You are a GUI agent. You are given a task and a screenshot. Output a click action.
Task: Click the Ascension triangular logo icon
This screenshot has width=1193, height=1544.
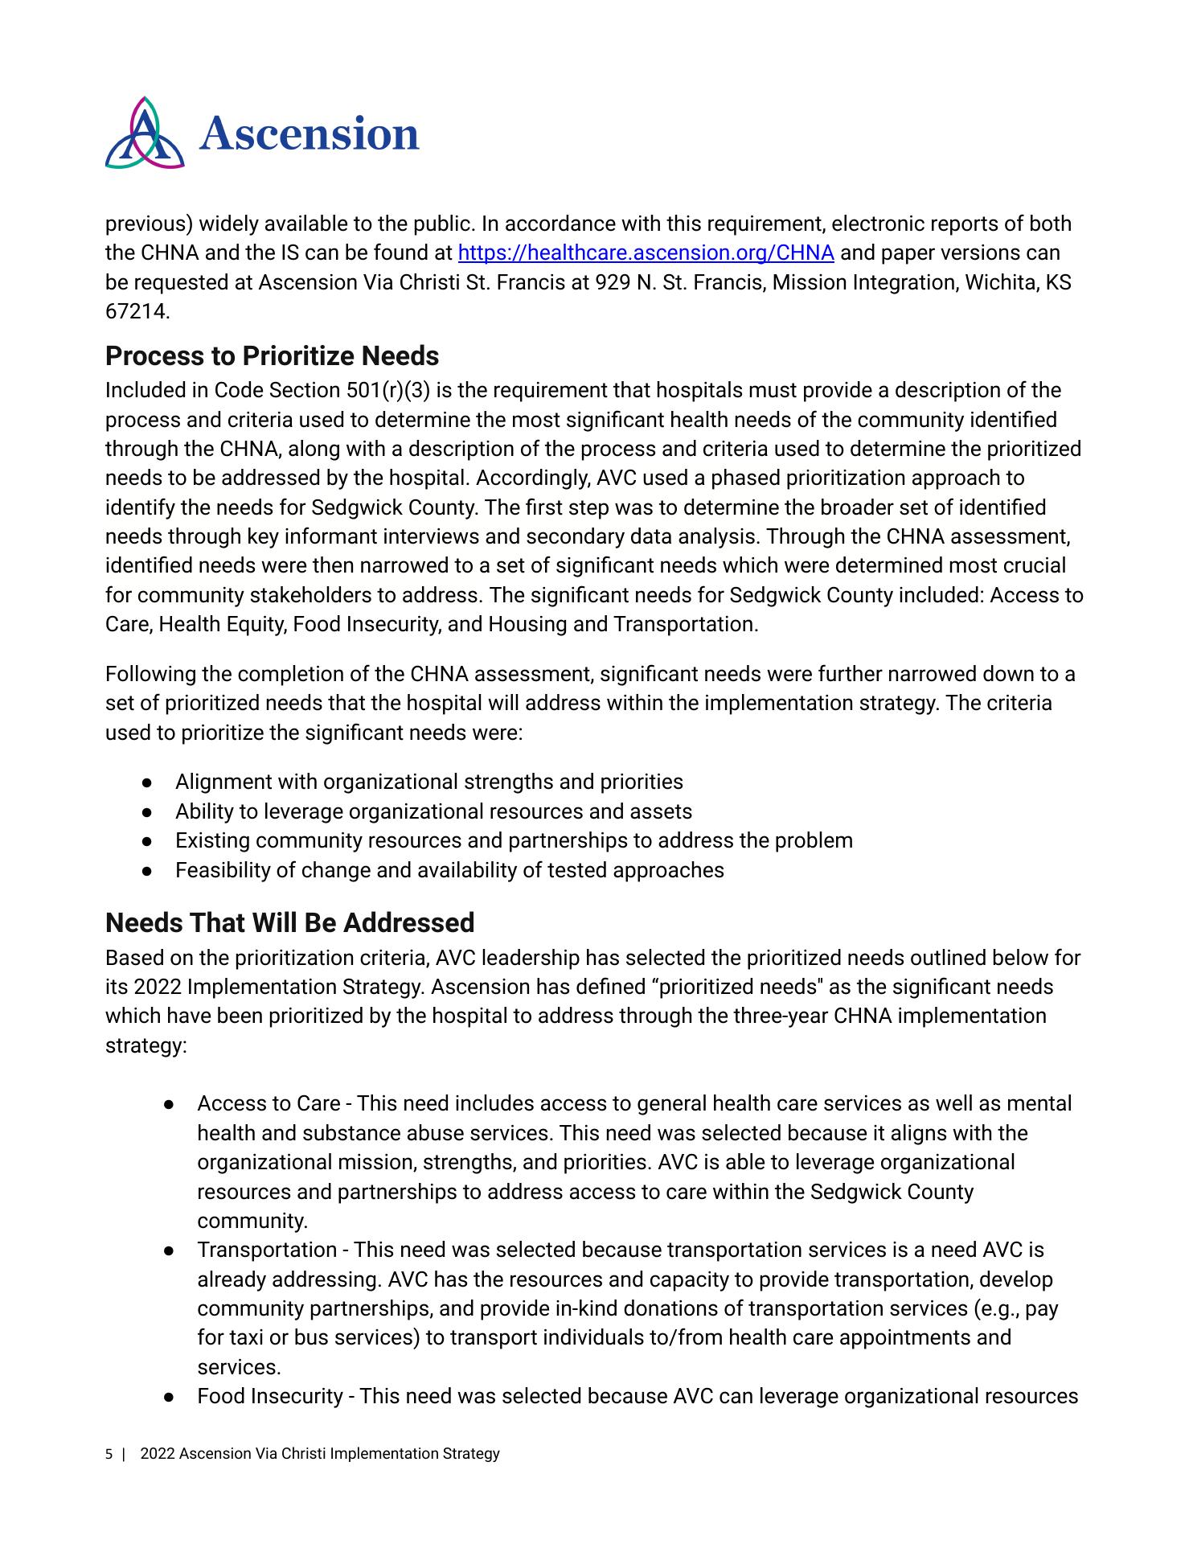pyautogui.click(x=145, y=133)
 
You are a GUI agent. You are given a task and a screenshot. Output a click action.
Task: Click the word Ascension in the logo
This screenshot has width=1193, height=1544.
pyautogui.click(x=310, y=133)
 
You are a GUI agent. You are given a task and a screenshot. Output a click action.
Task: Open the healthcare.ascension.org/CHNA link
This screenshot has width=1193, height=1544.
pyautogui.click(x=646, y=253)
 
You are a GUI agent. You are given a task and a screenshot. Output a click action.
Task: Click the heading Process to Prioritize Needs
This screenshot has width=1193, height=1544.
pyautogui.click(x=272, y=355)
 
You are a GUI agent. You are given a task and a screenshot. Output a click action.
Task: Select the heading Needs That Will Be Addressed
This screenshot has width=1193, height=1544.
pyautogui.click(x=289, y=922)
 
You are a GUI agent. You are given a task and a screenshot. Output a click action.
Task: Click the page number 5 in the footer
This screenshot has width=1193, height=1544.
pyautogui.click(x=109, y=1454)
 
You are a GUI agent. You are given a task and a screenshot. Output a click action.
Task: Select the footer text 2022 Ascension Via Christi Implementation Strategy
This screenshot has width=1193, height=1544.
pyautogui.click(x=320, y=1454)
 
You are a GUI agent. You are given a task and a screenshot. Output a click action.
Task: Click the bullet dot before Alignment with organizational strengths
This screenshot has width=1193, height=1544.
pyautogui.click(x=147, y=782)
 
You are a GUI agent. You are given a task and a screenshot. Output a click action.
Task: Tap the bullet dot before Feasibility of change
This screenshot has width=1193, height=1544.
pyautogui.click(x=147, y=871)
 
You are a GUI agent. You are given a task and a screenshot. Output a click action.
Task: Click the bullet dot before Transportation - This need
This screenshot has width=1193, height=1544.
pyautogui.click(x=170, y=1250)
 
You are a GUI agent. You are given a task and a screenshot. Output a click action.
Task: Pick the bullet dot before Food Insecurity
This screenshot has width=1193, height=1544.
pyautogui.click(x=170, y=1397)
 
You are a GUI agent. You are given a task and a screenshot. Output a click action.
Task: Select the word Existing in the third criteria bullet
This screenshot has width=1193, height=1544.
pyautogui.click(x=212, y=841)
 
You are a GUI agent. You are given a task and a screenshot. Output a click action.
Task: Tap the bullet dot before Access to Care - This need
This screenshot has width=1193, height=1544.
pyautogui.click(x=170, y=1104)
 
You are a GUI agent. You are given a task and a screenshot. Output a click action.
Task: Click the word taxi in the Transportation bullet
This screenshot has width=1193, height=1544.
pyautogui.click(x=240, y=1338)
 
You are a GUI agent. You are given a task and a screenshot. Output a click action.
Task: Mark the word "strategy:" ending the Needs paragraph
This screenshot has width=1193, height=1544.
pyautogui.click(x=146, y=1046)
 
